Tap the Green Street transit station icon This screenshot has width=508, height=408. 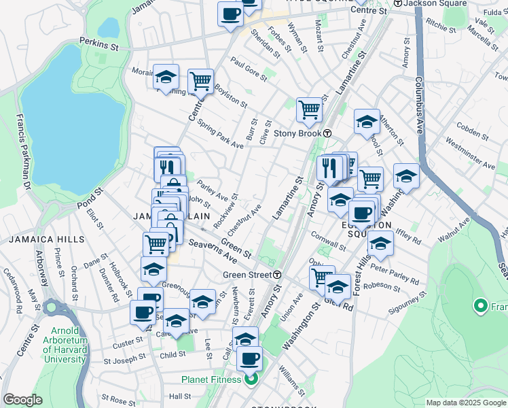(x=278, y=275)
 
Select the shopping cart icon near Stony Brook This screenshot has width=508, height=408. (x=309, y=109)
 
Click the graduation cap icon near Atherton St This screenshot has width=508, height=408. (x=367, y=122)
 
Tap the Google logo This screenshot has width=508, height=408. (x=22, y=400)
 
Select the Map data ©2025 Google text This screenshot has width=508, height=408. (x=465, y=403)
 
